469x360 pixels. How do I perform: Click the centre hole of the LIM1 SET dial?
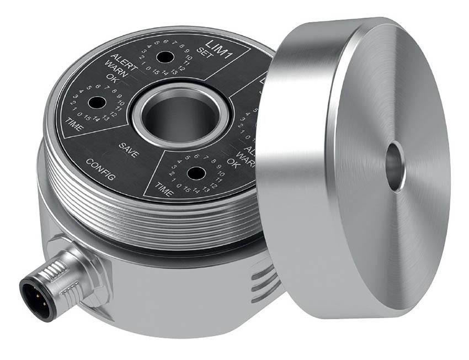click(163, 57)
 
